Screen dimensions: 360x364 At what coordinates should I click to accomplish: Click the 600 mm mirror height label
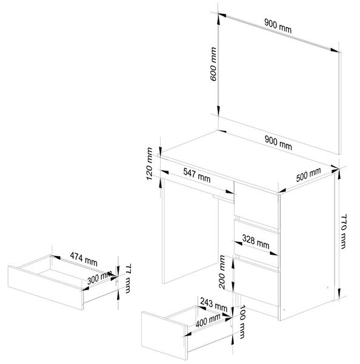click(213, 64)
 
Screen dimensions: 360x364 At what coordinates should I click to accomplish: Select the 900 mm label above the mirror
click(278, 26)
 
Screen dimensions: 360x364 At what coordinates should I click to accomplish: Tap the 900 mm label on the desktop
click(278, 143)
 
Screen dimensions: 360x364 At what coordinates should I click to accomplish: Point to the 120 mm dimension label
click(150, 164)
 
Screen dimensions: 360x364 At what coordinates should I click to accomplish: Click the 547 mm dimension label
click(197, 175)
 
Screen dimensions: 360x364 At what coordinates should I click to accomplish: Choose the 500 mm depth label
click(308, 174)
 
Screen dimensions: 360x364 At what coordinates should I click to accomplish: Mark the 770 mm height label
click(343, 232)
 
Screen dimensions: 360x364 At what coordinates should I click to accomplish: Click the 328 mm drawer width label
click(256, 241)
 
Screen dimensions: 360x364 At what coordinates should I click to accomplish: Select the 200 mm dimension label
click(222, 272)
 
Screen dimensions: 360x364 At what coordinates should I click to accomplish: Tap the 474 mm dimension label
click(84, 259)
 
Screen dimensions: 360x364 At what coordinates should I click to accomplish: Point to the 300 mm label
click(99, 278)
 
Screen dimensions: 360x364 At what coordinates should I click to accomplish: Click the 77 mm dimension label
click(128, 278)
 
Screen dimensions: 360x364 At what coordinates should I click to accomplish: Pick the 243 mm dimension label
click(213, 305)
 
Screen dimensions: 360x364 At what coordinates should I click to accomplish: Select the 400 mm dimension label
click(208, 321)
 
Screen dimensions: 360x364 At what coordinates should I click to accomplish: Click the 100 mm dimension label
click(242, 322)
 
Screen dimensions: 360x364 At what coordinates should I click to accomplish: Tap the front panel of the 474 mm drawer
click(45, 288)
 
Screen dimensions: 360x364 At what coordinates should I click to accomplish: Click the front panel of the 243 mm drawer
click(164, 335)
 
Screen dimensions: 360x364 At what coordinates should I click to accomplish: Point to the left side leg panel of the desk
click(191, 231)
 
